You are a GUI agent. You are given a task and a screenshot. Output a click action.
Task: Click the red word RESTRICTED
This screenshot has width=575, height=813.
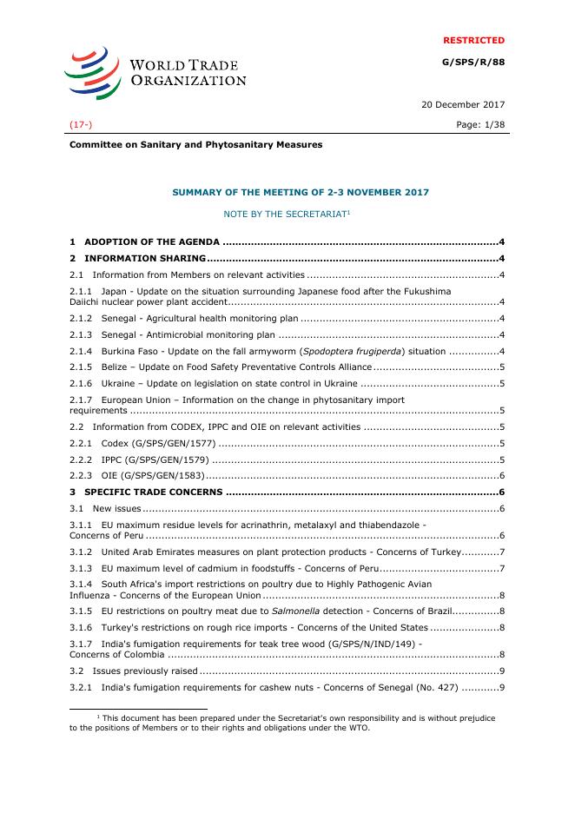tap(473, 40)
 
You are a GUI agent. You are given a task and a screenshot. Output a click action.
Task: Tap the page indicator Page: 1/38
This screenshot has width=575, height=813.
tap(479, 125)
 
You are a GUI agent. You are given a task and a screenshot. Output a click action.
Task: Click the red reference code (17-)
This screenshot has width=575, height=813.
tap(82, 125)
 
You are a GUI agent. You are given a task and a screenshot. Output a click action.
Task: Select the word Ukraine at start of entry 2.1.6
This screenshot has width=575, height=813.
tap(118, 383)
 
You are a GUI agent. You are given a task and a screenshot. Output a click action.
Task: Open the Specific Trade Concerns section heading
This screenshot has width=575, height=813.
tap(154, 492)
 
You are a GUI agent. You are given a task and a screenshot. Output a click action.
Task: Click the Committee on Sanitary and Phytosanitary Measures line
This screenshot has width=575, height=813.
tap(195, 144)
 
